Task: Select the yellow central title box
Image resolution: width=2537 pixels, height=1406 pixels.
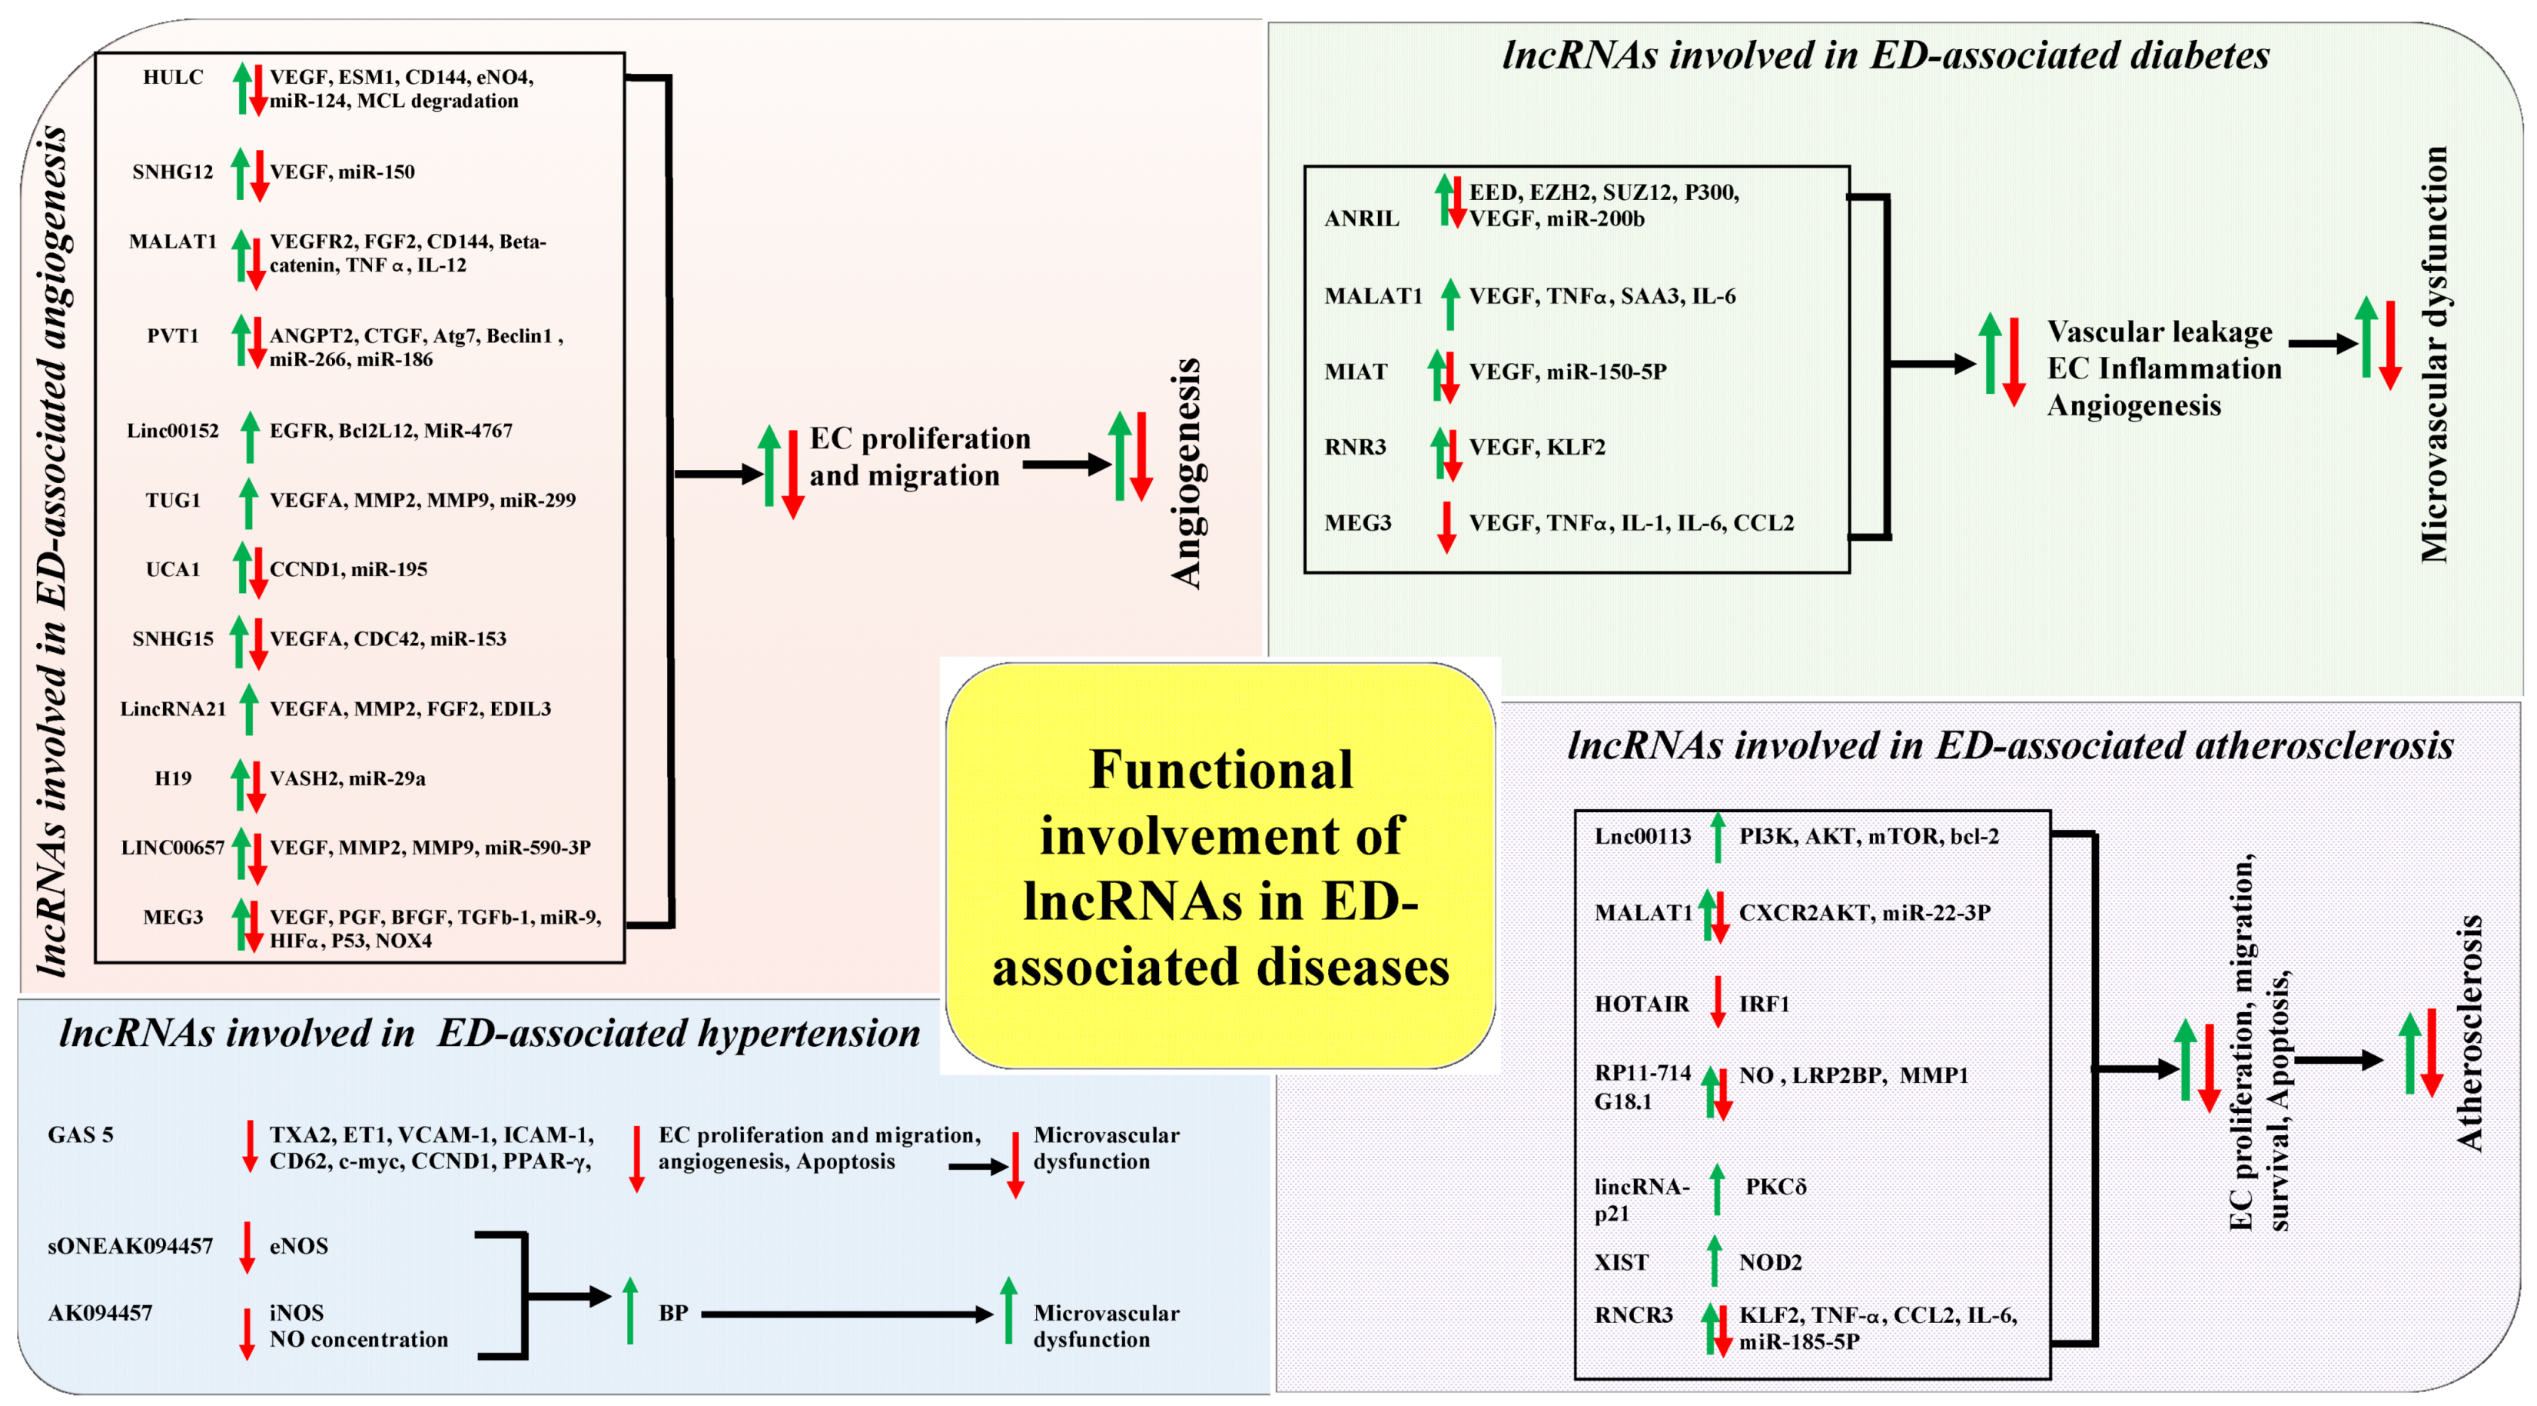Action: (x=1220, y=865)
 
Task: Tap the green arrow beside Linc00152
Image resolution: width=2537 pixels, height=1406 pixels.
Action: (x=250, y=436)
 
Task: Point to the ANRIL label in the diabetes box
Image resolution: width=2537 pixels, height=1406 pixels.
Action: (x=1361, y=218)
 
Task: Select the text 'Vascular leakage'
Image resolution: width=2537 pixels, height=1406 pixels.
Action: (x=2159, y=332)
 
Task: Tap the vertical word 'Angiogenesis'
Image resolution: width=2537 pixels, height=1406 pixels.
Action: (x=1187, y=473)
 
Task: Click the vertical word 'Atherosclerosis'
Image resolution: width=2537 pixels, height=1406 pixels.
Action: (x=2469, y=1032)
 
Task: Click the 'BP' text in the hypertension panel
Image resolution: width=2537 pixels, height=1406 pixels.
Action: (x=674, y=1314)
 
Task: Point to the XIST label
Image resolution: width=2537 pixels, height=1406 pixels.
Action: (x=1620, y=1262)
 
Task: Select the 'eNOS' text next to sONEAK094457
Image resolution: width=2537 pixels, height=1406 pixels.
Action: (x=298, y=1246)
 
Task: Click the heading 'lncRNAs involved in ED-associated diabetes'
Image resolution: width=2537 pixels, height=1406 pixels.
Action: (x=1885, y=55)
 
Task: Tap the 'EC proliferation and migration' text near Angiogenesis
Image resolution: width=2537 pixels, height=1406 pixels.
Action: (x=919, y=456)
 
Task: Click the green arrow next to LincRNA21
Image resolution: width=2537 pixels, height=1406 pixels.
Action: (x=250, y=709)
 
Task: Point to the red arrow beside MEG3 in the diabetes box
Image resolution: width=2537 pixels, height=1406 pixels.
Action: (x=1446, y=526)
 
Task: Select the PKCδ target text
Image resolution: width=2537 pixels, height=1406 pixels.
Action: (x=1775, y=1186)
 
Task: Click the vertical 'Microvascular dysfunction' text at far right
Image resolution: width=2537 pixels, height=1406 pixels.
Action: (x=2433, y=355)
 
